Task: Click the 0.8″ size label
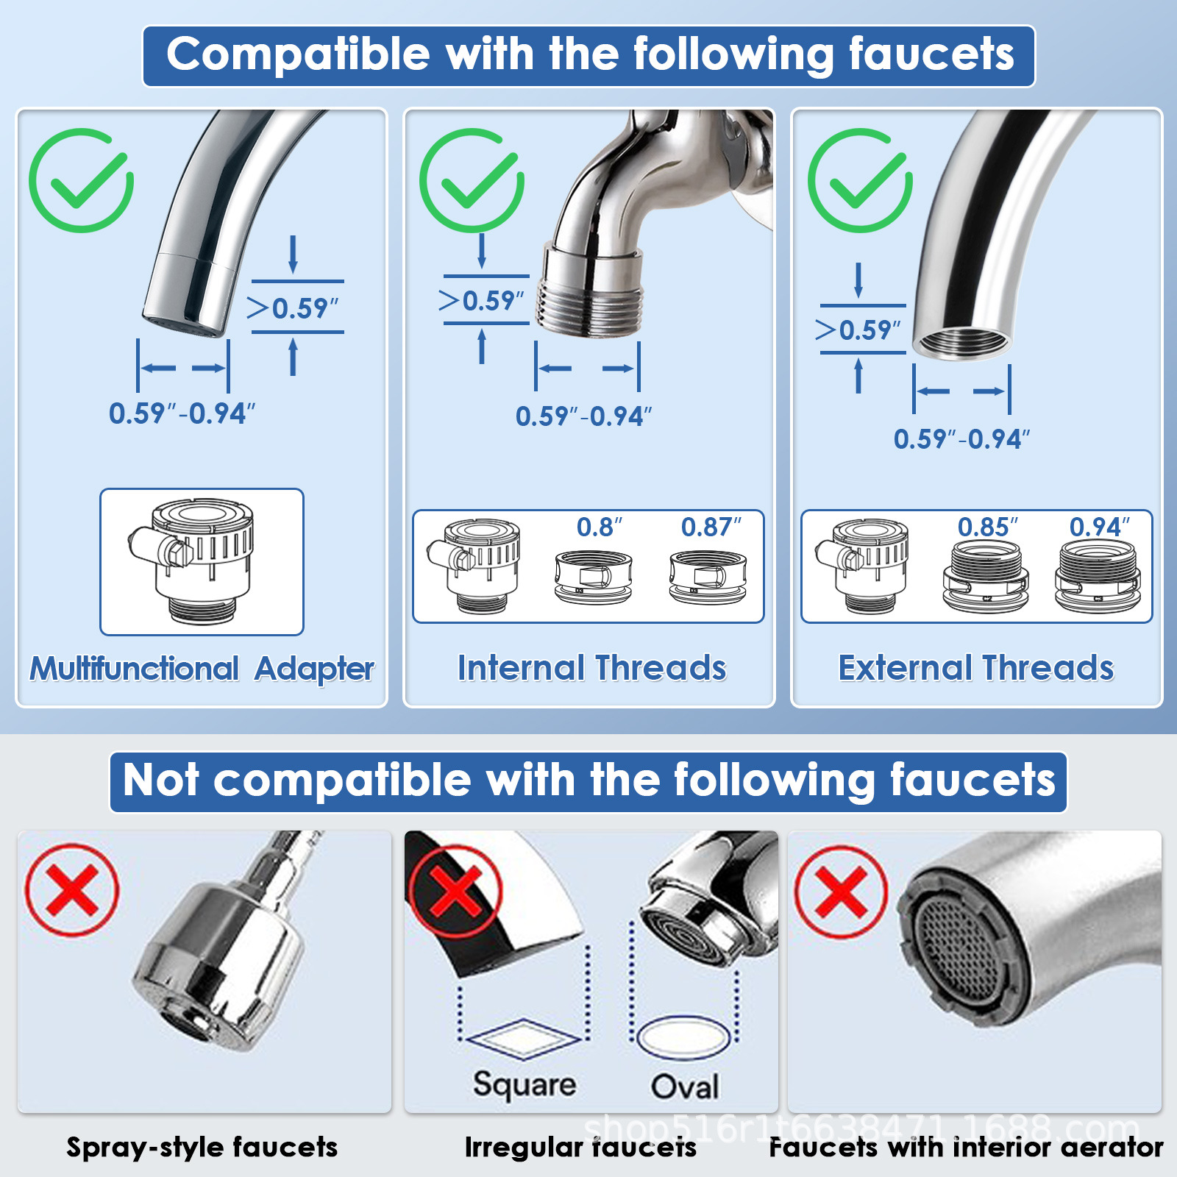pyautogui.click(x=599, y=527)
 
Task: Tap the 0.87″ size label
pyautogui.click(x=711, y=527)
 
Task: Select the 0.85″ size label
pyautogui.click(x=987, y=527)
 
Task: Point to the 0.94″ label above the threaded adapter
pyautogui.click(x=1099, y=527)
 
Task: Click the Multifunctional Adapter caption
pyautogui.click(x=202, y=669)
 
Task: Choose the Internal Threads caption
pyautogui.click(x=592, y=668)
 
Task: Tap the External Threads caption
pyautogui.click(x=976, y=668)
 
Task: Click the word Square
pyautogui.click(x=525, y=1085)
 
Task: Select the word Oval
pyautogui.click(x=685, y=1087)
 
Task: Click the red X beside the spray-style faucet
pyautogui.click(x=72, y=890)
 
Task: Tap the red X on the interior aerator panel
pyautogui.click(x=841, y=891)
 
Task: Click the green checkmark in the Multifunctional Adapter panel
pyautogui.click(x=82, y=181)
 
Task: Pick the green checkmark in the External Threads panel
pyautogui.click(x=861, y=181)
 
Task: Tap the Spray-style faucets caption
pyautogui.click(x=202, y=1147)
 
